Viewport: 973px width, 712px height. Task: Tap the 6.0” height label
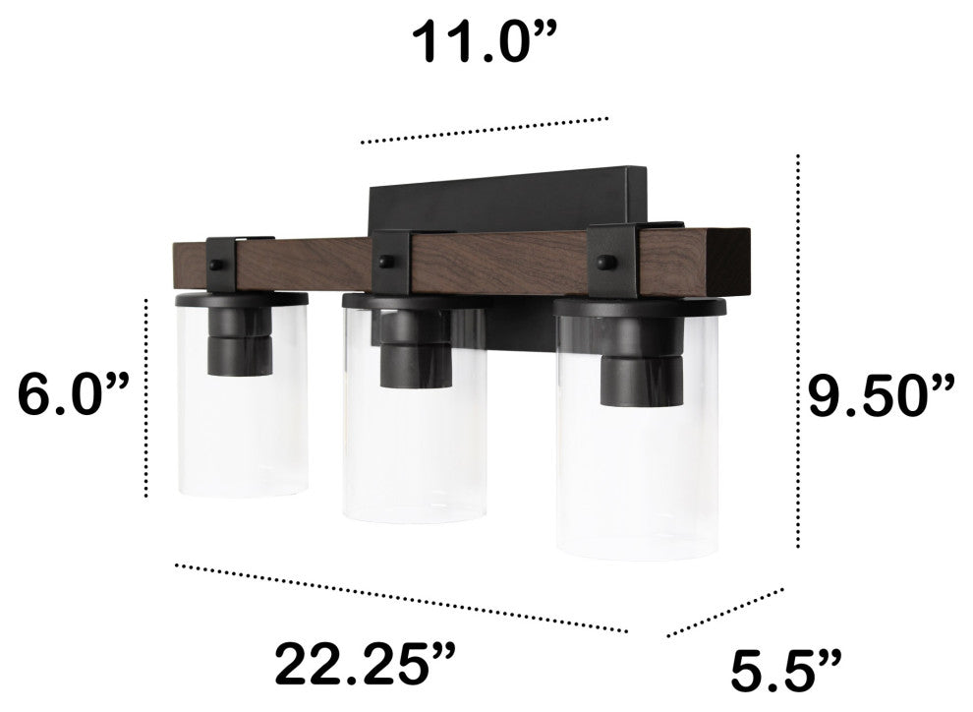tap(74, 394)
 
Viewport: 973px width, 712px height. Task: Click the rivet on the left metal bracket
tap(215, 266)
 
